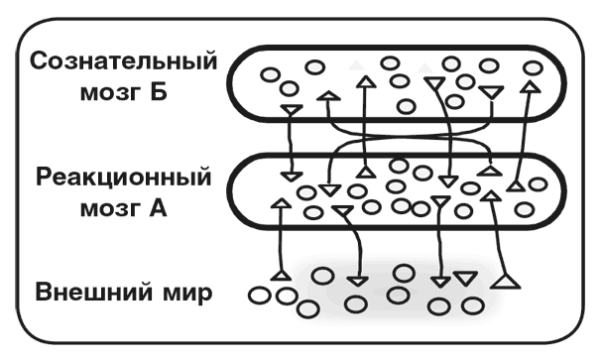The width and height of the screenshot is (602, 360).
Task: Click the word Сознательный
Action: coord(123,61)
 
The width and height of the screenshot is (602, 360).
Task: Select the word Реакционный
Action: coord(123,179)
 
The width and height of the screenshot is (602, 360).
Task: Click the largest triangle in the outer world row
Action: coord(507,283)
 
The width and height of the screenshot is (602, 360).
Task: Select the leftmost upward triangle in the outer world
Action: coord(281,272)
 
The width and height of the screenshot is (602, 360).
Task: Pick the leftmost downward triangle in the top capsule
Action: coord(291,107)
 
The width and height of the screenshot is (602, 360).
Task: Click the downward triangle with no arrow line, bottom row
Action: coord(462,277)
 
